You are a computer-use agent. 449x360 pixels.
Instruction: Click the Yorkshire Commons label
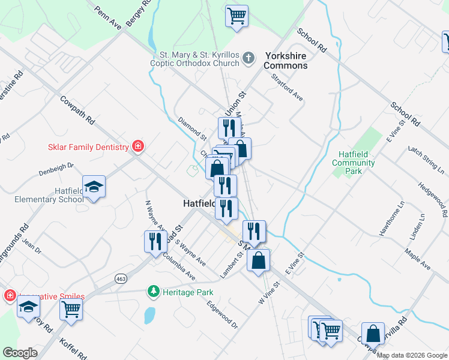click(x=285, y=61)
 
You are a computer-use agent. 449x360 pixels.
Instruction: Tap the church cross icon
click(x=249, y=59)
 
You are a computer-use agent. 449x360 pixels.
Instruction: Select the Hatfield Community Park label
click(x=353, y=163)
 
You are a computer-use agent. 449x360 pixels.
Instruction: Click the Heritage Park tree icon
click(x=154, y=292)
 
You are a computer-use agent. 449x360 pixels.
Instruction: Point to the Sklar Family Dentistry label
click(x=88, y=147)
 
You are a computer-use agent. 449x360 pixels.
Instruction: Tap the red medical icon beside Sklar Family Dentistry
click(x=138, y=146)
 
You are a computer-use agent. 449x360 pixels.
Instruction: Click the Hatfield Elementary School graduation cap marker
click(x=94, y=187)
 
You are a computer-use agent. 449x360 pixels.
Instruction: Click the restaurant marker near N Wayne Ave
click(x=155, y=241)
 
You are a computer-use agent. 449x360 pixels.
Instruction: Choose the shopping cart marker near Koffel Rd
click(x=71, y=310)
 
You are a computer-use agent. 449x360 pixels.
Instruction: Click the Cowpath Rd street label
click(x=78, y=110)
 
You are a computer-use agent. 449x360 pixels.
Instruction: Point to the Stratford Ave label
click(x=287, y=88)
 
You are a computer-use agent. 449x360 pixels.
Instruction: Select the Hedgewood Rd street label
click(x=432, y=201)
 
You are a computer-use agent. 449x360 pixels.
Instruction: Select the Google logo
click(x=20, y=353)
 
